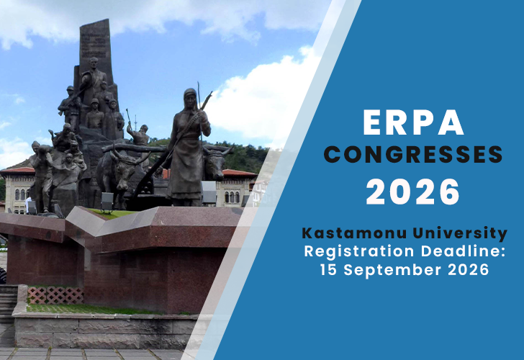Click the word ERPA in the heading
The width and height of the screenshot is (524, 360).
(x=412, y=123)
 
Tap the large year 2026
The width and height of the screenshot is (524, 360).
(x=412, y=191)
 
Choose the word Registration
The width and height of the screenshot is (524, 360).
(x=351, y=251)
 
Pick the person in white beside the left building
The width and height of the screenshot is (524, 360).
(x=28, y=204)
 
